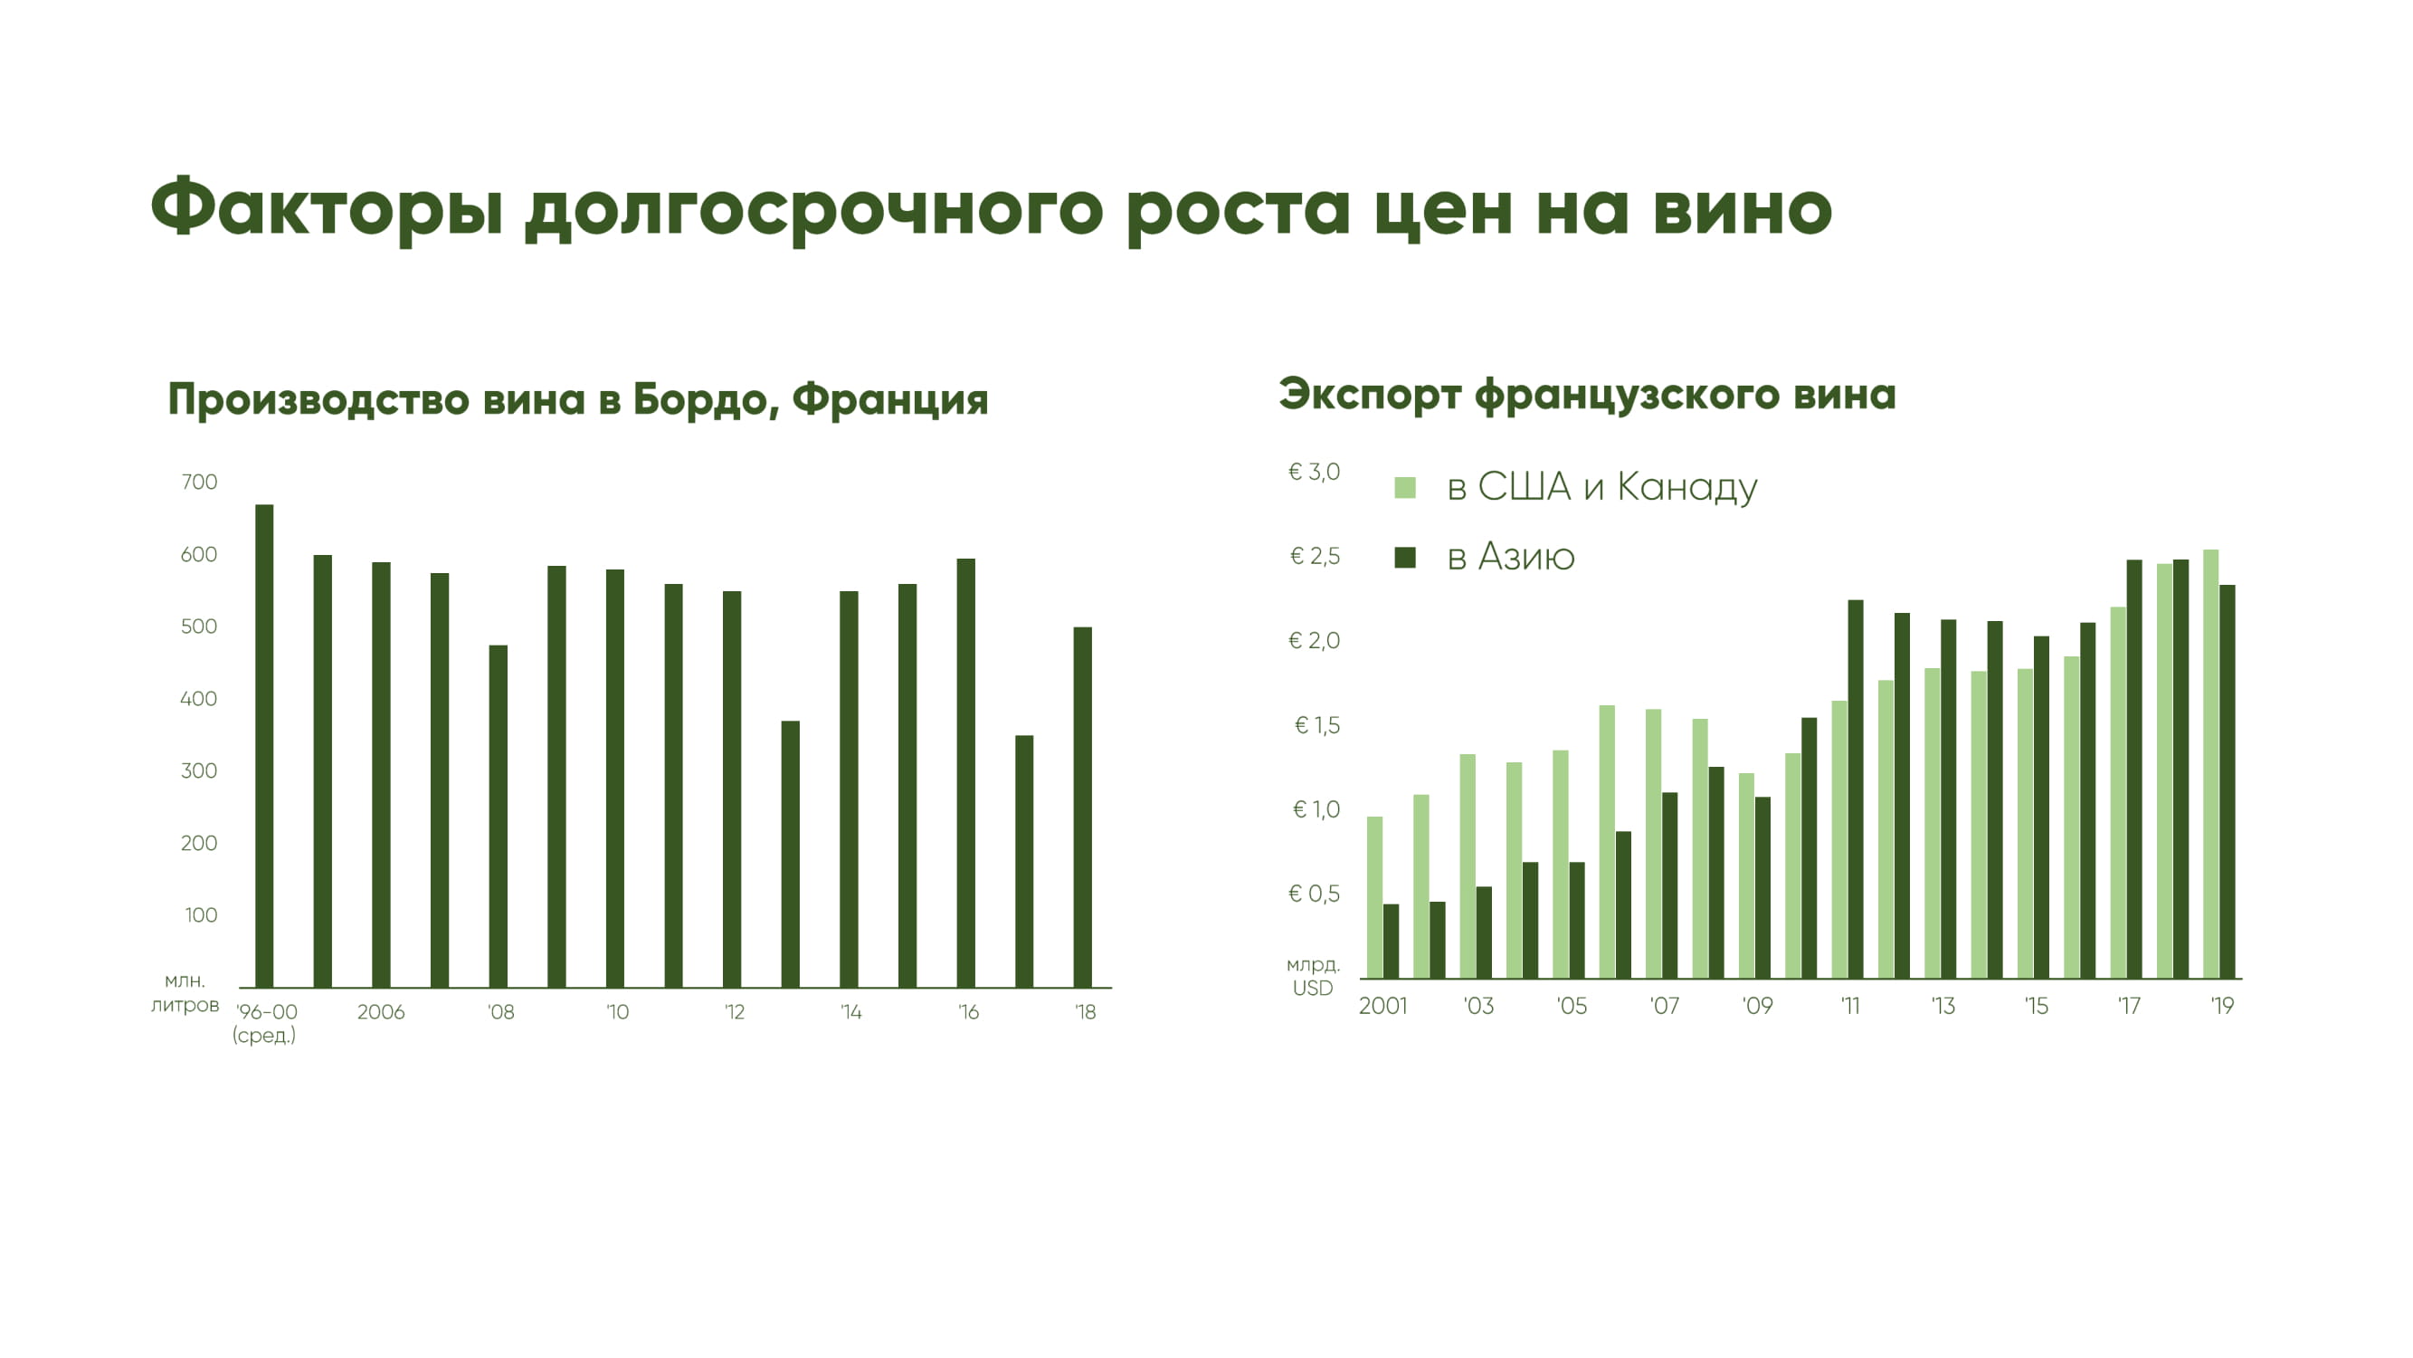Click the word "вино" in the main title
(1742, 208)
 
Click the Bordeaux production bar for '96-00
(264, 746)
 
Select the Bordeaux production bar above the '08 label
(499, 817)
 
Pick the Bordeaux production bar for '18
(1083, 807)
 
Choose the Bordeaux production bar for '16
(965, 773)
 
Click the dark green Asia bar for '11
(1856, 789)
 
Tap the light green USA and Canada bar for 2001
(1375, 898)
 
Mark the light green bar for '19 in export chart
(2210, 764)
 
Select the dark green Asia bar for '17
(2135, 769)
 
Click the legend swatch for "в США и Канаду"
(1405, 487)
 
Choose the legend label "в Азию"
(1511, 557)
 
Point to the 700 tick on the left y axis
(198, 482)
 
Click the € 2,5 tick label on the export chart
(1315, 556)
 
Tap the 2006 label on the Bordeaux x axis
(380, 1012)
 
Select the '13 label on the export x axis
(1943, 1006)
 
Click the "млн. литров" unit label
(185, 993)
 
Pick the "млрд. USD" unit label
(1314, 976)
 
